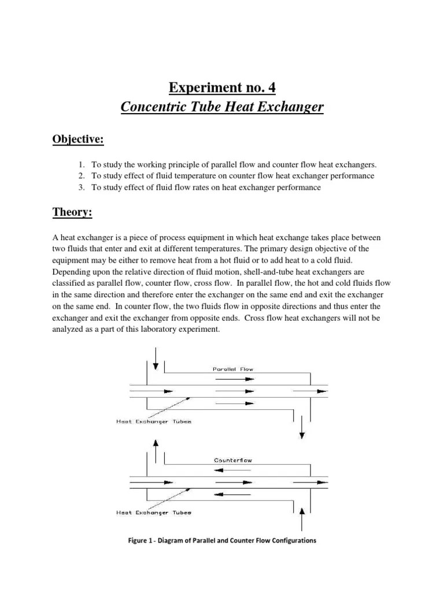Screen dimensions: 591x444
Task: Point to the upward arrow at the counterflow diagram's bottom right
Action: click(x=301, y=518)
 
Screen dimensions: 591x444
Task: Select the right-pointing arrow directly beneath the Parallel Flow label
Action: click(x=234, y=379)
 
